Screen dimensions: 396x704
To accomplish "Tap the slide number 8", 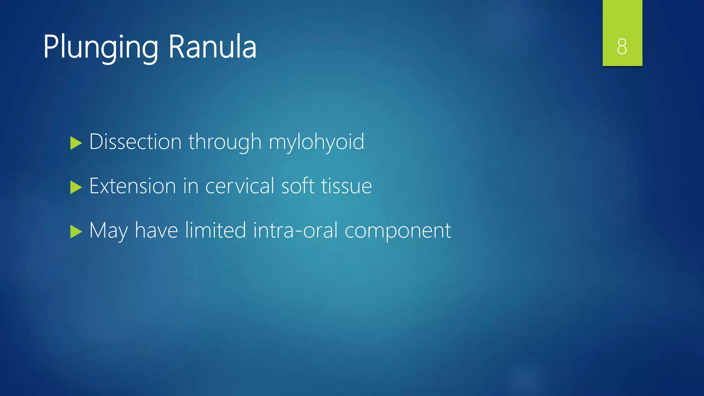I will (x=622, y=46).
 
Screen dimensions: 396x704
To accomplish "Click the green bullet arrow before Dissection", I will (x=76, y=143).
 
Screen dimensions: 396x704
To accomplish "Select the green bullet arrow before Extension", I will (x=76, y=187).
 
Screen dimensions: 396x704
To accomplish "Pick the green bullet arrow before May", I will (x=76, y=232).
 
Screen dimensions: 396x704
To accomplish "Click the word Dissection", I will (x=135, y=142).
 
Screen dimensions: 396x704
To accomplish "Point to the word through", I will (x=225, y=142).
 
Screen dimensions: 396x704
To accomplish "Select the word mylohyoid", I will (x=316, y=142).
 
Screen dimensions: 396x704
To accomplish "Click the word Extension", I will (x=133, y=186).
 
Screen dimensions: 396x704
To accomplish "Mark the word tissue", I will (x=346, y=186).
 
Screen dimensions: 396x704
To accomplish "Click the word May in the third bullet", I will (x=108, y=231).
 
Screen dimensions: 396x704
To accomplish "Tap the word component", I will (x=398, y=231).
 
